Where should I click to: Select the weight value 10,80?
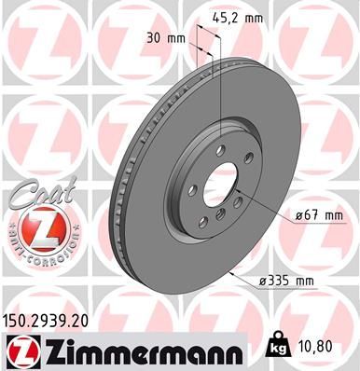[x=316, y=345]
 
